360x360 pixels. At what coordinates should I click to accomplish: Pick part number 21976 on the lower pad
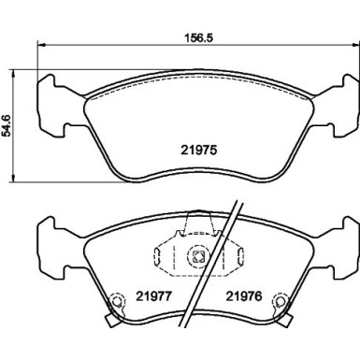point(241,298)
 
